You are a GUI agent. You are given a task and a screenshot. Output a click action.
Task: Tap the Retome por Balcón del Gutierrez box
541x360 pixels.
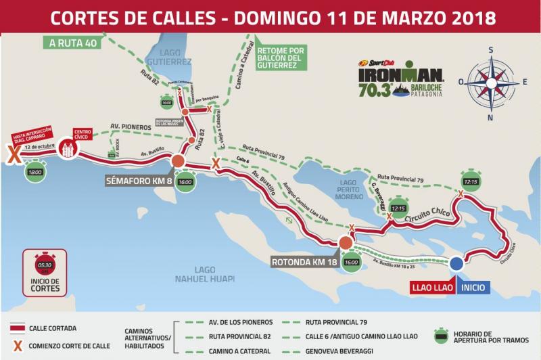tap(281, 58)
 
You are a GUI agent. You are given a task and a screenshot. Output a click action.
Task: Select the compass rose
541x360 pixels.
tap(492, 81)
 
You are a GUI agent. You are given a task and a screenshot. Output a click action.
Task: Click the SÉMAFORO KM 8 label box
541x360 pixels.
tap(139, 181)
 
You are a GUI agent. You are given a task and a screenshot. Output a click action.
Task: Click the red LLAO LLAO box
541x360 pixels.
tap(433, 288)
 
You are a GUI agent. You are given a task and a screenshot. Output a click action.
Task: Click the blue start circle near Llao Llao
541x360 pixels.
tap(457, 264)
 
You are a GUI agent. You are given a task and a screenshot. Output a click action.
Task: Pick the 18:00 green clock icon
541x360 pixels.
tap(34, 172)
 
